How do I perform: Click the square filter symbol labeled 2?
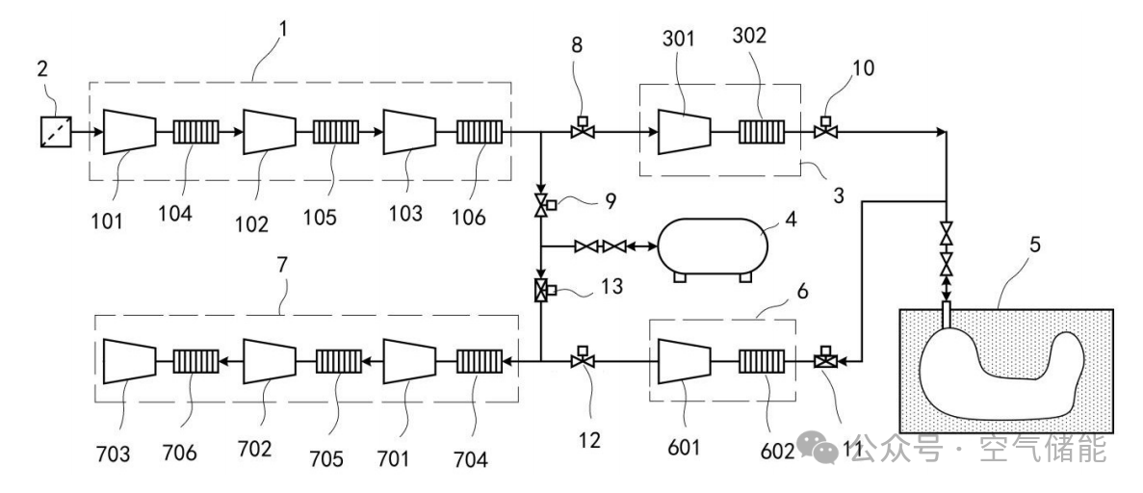click(x=56, y=133)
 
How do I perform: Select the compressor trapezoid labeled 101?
click(x=130, y=132)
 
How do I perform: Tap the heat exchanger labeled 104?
click(x=195, y=133)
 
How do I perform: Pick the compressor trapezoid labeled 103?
click(x=409, y=132)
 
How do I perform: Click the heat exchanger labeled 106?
click(x=480, y=133)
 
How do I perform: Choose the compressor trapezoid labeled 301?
click(x=685, y=132)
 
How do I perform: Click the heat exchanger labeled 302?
click(x=761, y=133)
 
